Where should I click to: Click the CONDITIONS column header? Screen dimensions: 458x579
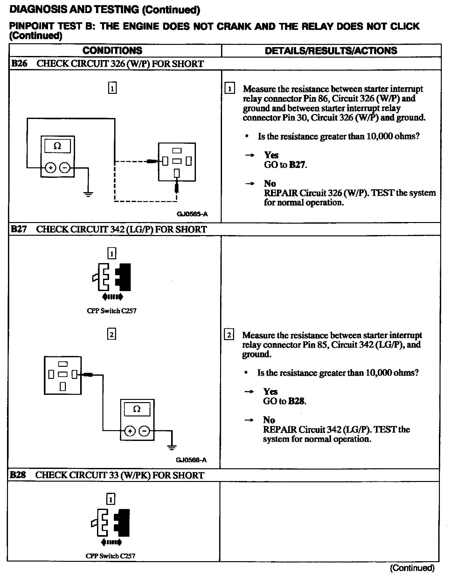click(112, 51)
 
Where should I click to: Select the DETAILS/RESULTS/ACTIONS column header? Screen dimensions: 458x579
click(331, 51)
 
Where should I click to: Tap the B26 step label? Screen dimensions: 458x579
click(19, 64)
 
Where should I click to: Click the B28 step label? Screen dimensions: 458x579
click(18, 475)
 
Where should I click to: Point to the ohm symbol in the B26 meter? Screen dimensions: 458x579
click(57, 146)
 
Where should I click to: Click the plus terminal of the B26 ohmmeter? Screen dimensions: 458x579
click(50, 167)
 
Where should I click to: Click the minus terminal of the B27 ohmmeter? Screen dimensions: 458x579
click(144, 431)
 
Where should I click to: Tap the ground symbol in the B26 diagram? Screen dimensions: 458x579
click(88, 194)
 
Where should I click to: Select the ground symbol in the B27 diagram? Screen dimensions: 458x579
click(172, 448)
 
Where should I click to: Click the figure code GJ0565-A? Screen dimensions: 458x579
click(192, 214)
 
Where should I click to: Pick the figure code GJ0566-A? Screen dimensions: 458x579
click(191, 460)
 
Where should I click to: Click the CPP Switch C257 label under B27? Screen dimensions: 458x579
click(112, 311)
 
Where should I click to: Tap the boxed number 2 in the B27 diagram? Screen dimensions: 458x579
click(112, 334)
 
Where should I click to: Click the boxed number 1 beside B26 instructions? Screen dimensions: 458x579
click(230, 88)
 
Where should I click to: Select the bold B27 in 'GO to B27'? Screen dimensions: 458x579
click(297, 165)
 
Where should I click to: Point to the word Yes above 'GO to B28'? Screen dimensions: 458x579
click(270, 392)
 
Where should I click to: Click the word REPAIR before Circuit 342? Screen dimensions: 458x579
click(280, 429)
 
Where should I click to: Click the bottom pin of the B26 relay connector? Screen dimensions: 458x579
click(177, 173)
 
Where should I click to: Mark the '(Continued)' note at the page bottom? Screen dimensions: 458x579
click(412, 568)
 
